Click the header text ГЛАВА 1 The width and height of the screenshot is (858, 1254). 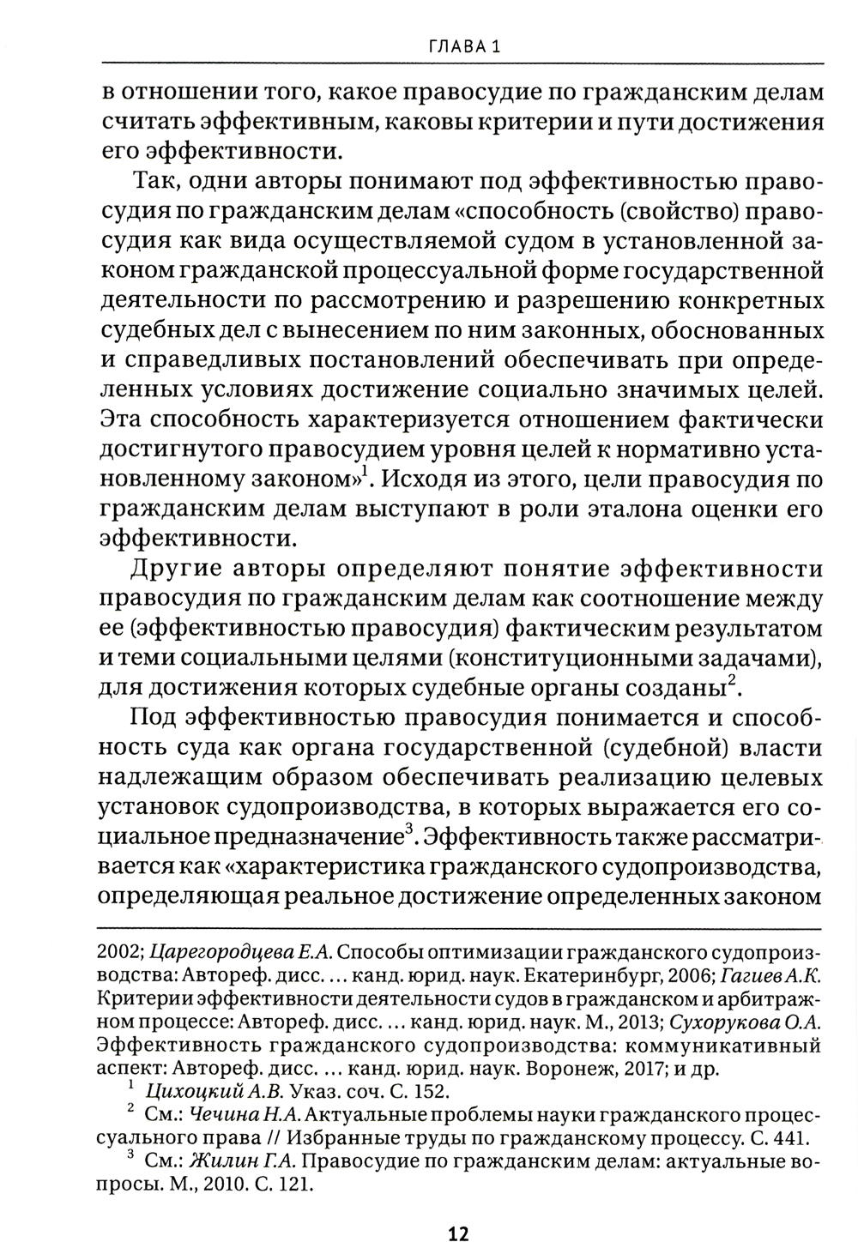point(462,48)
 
